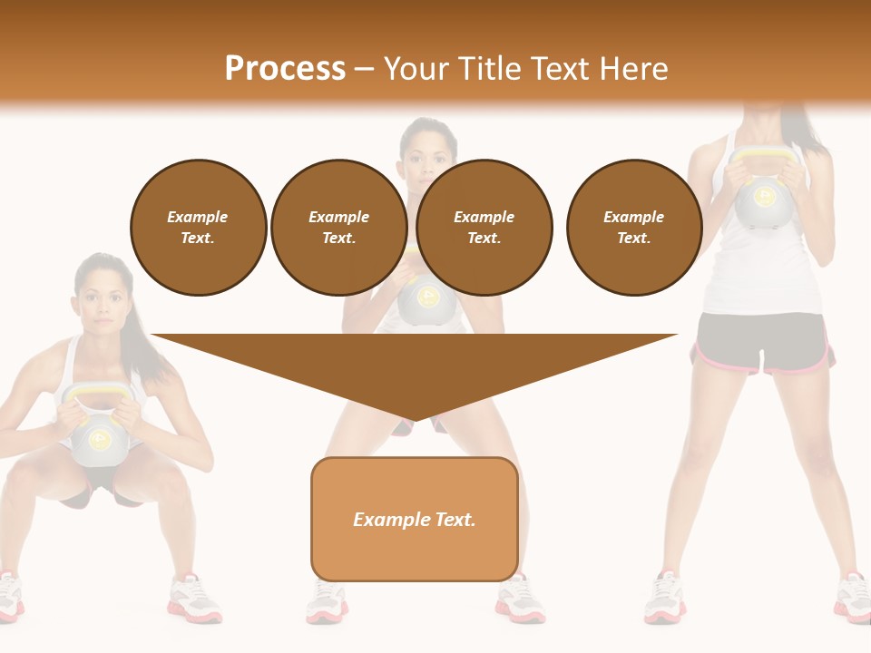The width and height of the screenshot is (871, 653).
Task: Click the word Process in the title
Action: click(285, 69)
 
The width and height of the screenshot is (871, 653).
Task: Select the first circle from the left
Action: click(199, 228)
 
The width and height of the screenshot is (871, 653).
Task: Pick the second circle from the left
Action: click(339, 228)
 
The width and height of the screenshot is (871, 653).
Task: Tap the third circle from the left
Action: click(484, 228)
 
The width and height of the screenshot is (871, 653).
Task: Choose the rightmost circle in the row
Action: click(634, 228)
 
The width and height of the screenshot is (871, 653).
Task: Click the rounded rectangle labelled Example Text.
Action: click(415, 519)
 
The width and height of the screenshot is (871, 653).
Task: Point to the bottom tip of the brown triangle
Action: click(415, 421)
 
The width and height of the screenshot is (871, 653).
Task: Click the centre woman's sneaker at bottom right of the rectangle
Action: click(521, 604)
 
